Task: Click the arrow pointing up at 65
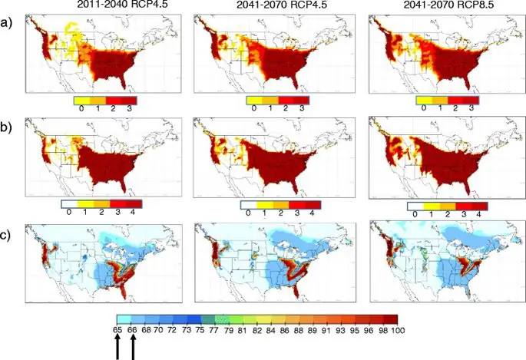pos(117,346)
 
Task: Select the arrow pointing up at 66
pos(133,346)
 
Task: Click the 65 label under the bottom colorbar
pos(117,329)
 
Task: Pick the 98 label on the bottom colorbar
pos(372,329)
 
